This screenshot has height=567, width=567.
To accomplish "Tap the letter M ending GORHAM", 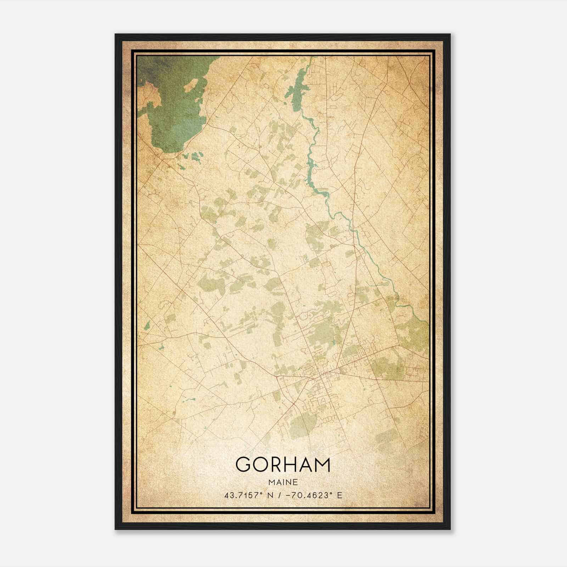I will pos(321,465).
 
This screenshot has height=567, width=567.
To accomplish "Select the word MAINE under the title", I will pos(283,482).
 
